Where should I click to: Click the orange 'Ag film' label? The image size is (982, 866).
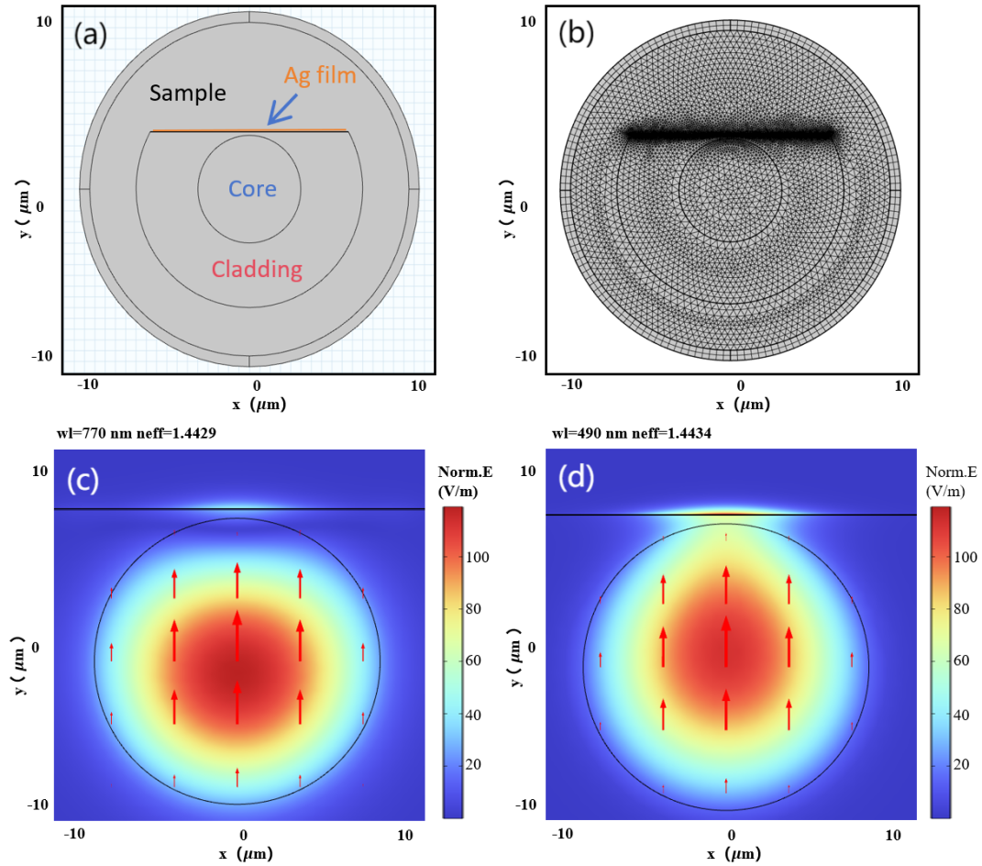319,75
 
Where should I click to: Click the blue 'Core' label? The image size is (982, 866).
252,189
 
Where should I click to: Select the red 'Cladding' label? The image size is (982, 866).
257,269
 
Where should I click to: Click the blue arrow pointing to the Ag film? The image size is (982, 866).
283,109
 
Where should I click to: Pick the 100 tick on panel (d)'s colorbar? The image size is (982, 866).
961,556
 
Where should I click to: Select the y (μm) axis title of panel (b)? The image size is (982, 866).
511,208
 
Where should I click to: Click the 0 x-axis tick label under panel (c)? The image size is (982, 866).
243,835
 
